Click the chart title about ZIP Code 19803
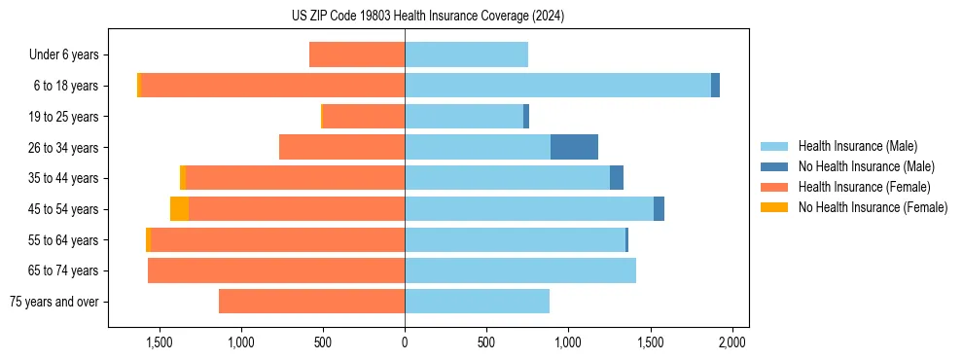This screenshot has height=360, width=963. coord(427,17)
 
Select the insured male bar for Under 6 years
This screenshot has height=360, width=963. coord(466,54)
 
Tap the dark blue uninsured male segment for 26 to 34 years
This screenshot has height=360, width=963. coord(574,147)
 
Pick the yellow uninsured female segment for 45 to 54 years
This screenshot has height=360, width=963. coord(179,209)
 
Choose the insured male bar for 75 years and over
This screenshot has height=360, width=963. coord(477,302)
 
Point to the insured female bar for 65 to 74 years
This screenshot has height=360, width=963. coord(276,270)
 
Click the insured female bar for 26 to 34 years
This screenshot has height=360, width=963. coord(341,147)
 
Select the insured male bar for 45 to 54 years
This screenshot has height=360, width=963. coord(529,209)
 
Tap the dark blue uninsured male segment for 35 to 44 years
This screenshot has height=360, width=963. coord(617,178)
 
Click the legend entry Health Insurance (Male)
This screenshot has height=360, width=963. coord(857,146)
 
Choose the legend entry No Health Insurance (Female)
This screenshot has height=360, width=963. coord(873,207)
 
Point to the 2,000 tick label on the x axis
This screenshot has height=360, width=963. coord(731,342)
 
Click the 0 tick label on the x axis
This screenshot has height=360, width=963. coord(405,342)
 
